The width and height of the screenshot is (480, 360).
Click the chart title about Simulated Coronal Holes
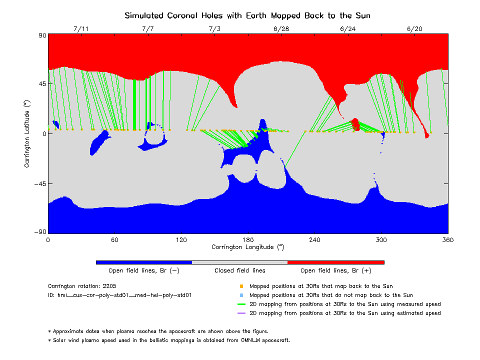(247, 15)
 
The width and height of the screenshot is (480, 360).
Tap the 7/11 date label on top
(80, 29)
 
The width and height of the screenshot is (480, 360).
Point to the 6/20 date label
(414, 29)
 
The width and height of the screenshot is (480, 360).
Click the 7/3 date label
(214, 29)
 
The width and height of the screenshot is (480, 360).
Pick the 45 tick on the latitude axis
(41, 84)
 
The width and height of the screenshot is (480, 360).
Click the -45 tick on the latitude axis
(40, 184)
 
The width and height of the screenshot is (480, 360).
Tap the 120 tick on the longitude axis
(181, 240)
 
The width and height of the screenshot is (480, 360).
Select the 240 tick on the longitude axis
(315, 240)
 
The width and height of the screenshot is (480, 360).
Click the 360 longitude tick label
(448, 240)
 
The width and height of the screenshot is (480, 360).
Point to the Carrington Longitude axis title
(247, 247)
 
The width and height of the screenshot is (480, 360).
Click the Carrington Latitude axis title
(27, 133)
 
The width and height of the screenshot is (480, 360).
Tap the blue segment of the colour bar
(143, 262)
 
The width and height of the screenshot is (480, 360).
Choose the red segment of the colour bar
(336, 262)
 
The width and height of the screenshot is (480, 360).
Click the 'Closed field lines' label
(239, 271)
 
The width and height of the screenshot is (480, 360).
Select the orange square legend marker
(241, 286)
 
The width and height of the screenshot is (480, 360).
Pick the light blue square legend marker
(241, 295)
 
